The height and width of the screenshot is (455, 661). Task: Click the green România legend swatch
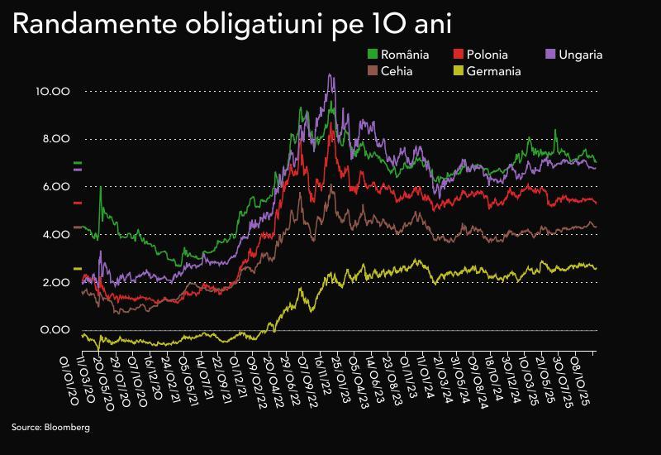click(x=372, y=55)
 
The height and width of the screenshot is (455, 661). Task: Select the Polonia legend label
click(x=487, y=55)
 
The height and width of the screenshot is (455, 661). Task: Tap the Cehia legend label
click(x=397, y=70)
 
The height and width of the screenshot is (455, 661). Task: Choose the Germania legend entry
click(x=493, y=70)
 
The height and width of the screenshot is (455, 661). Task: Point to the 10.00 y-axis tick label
click(x=54, y=91)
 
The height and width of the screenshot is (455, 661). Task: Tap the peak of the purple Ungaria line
click(x=330, y=74)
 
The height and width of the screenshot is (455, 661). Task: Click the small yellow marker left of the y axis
click(x=78, y=269)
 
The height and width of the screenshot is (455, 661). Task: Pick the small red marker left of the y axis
click(x=78, y=203)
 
